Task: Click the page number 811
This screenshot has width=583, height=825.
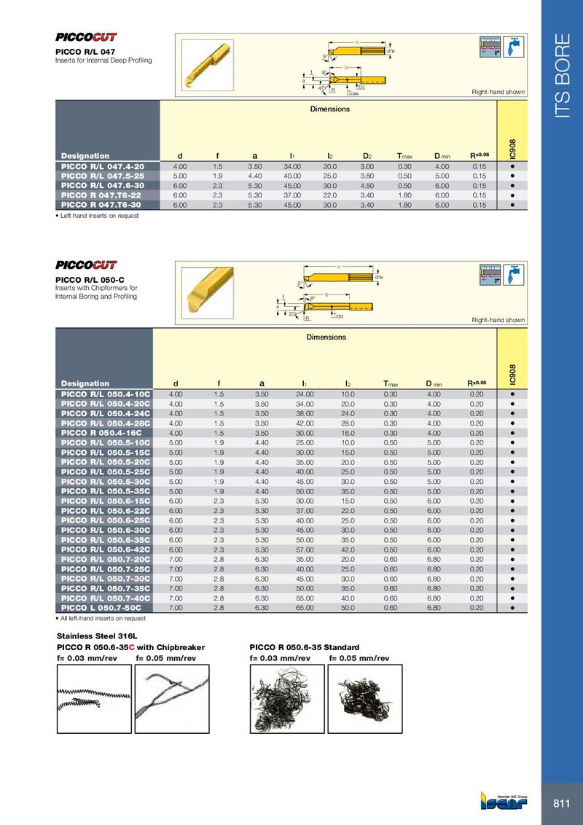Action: pos(561,803)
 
